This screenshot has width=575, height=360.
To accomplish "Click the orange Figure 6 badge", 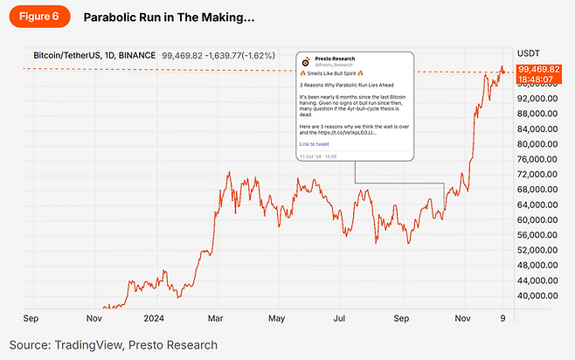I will (x=38, y=17).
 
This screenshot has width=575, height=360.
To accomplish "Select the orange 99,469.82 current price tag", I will (x=538, y=68).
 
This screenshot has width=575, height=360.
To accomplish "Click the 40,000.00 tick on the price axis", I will (x=538, y=295).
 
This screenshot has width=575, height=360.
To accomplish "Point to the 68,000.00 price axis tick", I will (x=538, y=190).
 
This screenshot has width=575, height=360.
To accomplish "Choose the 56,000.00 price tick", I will (x=538, y=235).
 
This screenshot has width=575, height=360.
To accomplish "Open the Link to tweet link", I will (x=314, y=143).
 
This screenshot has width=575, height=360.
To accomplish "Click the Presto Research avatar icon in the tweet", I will (x=305, y=63).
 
